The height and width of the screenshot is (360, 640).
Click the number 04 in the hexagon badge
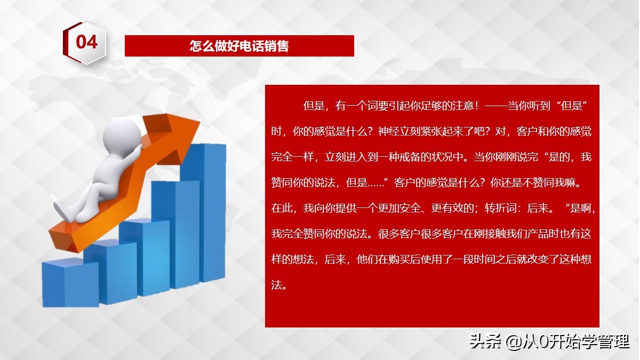pos(86,42)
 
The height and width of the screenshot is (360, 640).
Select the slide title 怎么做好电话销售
pos(239,46)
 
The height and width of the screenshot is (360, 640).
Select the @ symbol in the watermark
pos(514,341)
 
